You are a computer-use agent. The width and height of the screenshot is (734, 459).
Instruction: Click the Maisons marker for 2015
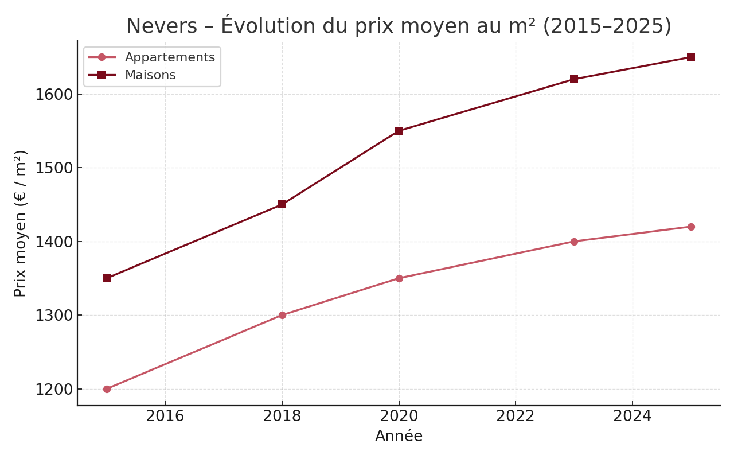coord(107,278)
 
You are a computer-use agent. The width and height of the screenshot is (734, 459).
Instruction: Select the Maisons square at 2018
coord(282,204)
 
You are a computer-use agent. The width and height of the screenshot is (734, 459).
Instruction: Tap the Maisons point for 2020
coord(399,131)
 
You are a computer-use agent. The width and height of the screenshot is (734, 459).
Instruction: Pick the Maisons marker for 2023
coord(574,79)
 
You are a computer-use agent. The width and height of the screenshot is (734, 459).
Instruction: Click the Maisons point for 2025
coord(691,57)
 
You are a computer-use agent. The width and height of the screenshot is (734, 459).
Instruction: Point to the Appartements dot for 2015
coord(107,389)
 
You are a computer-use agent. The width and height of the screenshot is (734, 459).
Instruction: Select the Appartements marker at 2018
coord(282,315)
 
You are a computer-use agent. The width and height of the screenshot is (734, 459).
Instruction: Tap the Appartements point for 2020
coord(399,278)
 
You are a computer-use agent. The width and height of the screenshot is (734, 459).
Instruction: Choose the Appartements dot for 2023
coord(574,242)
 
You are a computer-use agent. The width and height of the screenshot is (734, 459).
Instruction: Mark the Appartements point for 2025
coord(691,227)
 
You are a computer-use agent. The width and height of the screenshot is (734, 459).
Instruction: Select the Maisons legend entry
coord(150,75)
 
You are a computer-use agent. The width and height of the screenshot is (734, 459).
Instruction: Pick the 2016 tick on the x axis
coord(165,417)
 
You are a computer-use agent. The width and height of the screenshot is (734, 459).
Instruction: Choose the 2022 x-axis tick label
coord(516,417)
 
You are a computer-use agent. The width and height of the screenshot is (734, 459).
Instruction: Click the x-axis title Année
coord(399,437)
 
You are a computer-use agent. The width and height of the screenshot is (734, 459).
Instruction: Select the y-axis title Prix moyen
coord(21,223)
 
